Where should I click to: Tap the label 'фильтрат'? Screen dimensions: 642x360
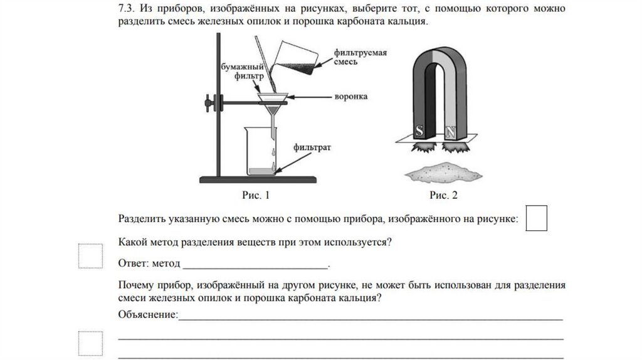pyautogui.click(x=312, y=148)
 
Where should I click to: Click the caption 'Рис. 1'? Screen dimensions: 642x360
pyautogui.click(x=255, y=195)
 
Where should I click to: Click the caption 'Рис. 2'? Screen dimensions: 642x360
pyautogui.click(x=444, y=195)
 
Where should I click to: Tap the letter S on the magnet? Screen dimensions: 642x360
pyautogui.click(x=419, y=131)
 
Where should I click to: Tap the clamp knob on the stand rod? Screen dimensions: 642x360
pyautogui.click(x=209, y=100)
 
